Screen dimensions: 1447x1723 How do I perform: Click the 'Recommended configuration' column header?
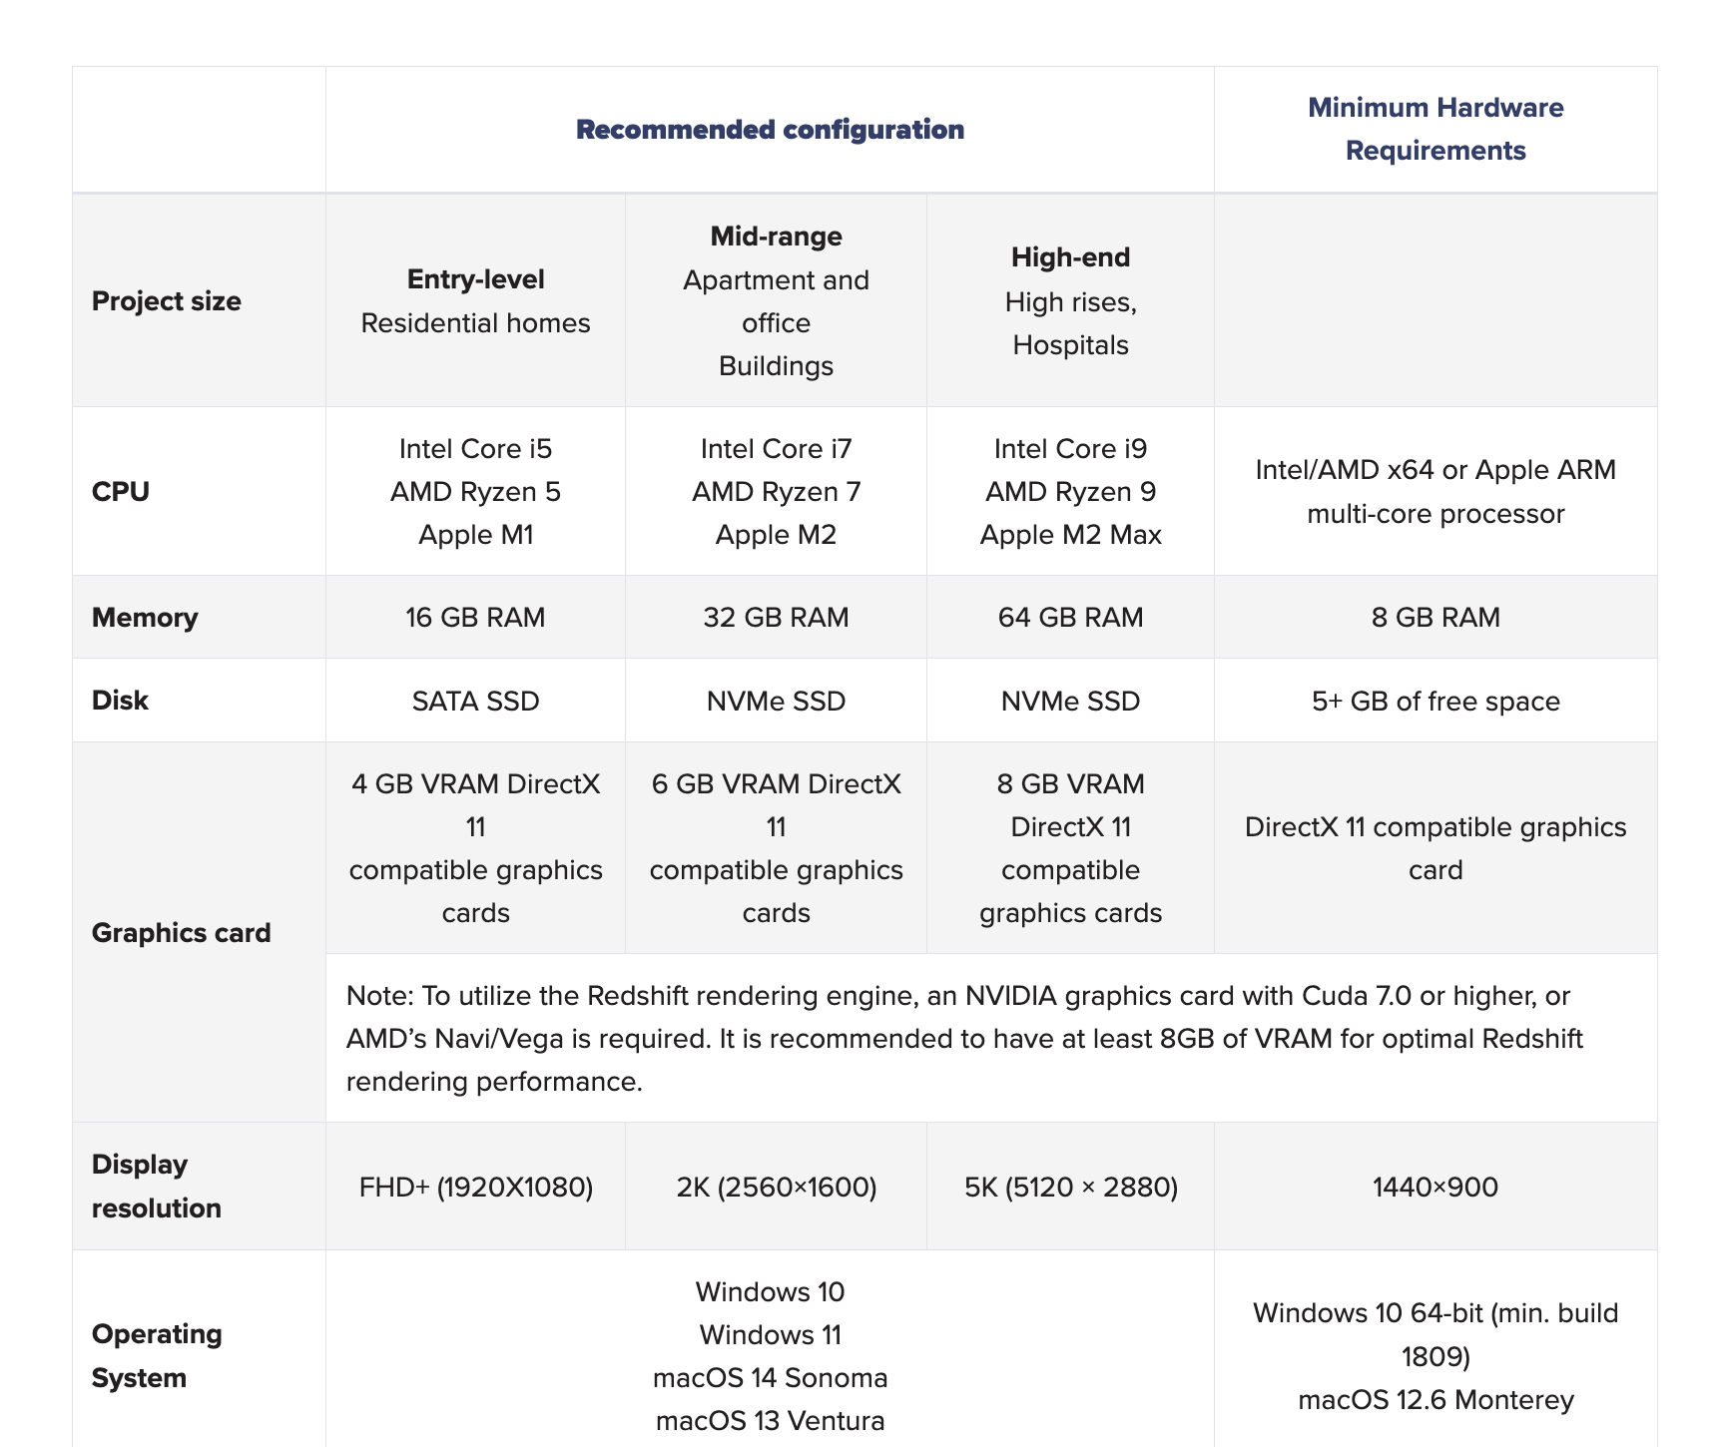click(x=770, y=130)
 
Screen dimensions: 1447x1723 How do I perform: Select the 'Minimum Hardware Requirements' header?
click(x=1435, y=129)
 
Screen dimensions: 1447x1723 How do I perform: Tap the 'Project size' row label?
click(x=167, y=301)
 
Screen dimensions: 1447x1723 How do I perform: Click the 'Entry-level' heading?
click(x=475, y=279)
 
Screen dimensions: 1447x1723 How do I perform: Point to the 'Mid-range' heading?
click(x=776, y=237)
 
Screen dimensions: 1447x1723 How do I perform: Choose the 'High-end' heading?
click(x=1070, y=257)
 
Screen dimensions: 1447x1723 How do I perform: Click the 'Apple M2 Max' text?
click(x=1070, y=535)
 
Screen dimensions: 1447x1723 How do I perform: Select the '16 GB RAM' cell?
click(x=475, y=618)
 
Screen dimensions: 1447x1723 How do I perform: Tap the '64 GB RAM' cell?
click(x=1070, y=618)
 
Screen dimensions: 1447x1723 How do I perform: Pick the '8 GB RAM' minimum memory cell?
click(x=1435, y=618)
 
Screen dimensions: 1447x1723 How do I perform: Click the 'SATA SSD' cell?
click(x=475, y=702)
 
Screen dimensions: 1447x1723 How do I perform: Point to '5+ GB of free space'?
click(x=1435, y=702)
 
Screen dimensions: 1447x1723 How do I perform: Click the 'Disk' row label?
click(x=120, y=701)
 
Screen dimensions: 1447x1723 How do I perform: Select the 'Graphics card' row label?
click(x=181, y=933)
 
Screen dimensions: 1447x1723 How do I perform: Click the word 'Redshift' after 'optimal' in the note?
click(x=1532, y=1039)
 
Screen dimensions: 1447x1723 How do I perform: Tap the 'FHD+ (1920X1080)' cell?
click(x=475, y=1188)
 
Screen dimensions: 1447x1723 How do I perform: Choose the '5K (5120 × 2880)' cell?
click(x=1070, y=1188)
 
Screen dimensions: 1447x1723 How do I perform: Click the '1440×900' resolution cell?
click(x=1435, y=1188)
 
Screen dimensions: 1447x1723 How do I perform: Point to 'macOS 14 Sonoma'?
click(x=770, y=1378)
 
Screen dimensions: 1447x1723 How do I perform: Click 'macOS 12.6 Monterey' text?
click(x=1435, y=1400)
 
